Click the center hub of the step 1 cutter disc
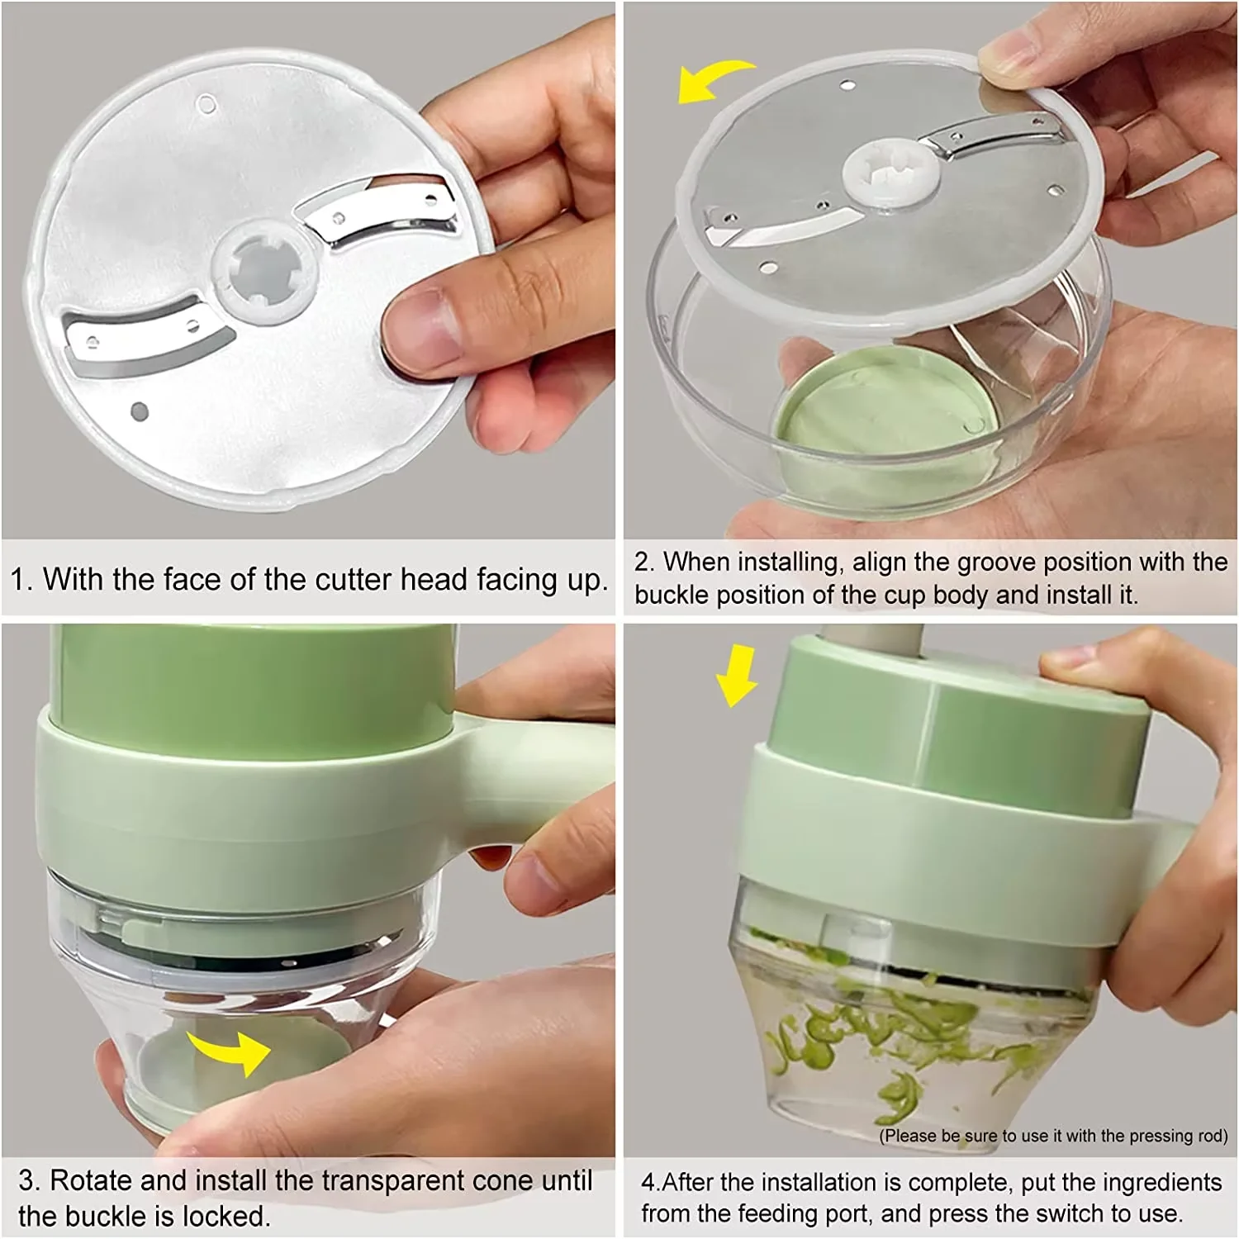[263, 270]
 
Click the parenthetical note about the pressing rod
[1053, 1136]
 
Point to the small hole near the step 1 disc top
[206, 104]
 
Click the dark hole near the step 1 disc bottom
[140, 411]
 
